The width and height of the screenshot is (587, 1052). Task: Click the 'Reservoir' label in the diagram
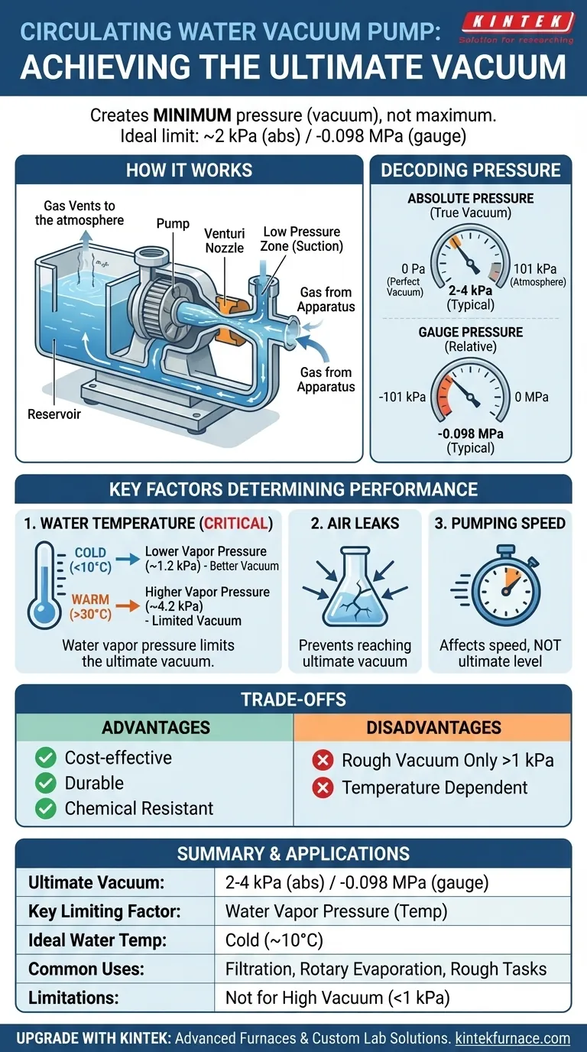tap(54, 414)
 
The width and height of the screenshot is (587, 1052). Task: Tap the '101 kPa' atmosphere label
tap(537, 269)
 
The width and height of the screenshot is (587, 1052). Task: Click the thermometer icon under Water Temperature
tap(44, 584)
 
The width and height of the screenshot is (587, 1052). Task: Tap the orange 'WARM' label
tap(90, 599)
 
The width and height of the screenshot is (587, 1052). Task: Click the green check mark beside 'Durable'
tap(46, 783)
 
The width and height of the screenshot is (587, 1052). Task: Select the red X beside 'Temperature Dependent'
tap(323, 787)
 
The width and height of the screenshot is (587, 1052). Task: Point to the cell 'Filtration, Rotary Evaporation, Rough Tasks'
tap(386, 969)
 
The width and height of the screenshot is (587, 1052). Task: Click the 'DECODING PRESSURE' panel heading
tap(470, 170)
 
